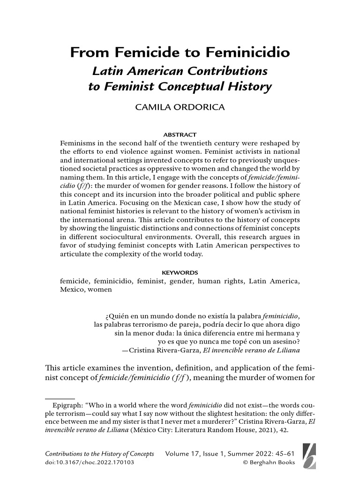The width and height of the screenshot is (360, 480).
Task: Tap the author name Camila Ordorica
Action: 180,107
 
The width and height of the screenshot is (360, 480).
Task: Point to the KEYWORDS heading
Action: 180,272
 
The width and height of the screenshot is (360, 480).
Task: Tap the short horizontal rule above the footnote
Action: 57,397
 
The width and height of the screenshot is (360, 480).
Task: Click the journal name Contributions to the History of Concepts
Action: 102,454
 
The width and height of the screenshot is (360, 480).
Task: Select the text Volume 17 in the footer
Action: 183,454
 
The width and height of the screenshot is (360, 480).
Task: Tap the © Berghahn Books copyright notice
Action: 269,463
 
